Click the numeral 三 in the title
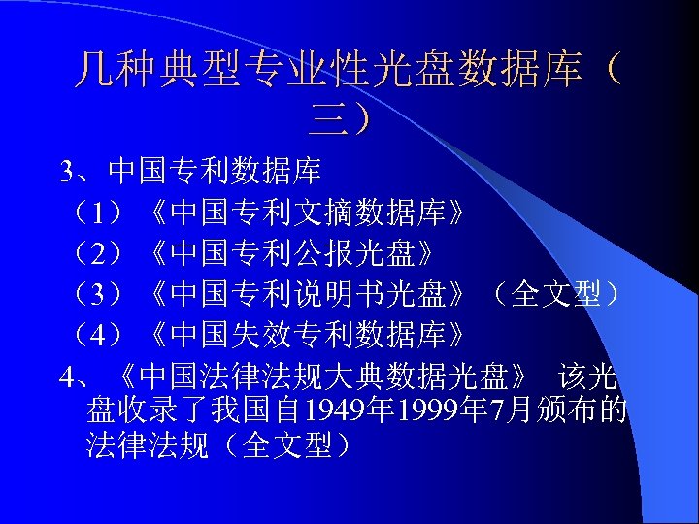coord(327,119)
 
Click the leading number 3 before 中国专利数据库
coord(66,172)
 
